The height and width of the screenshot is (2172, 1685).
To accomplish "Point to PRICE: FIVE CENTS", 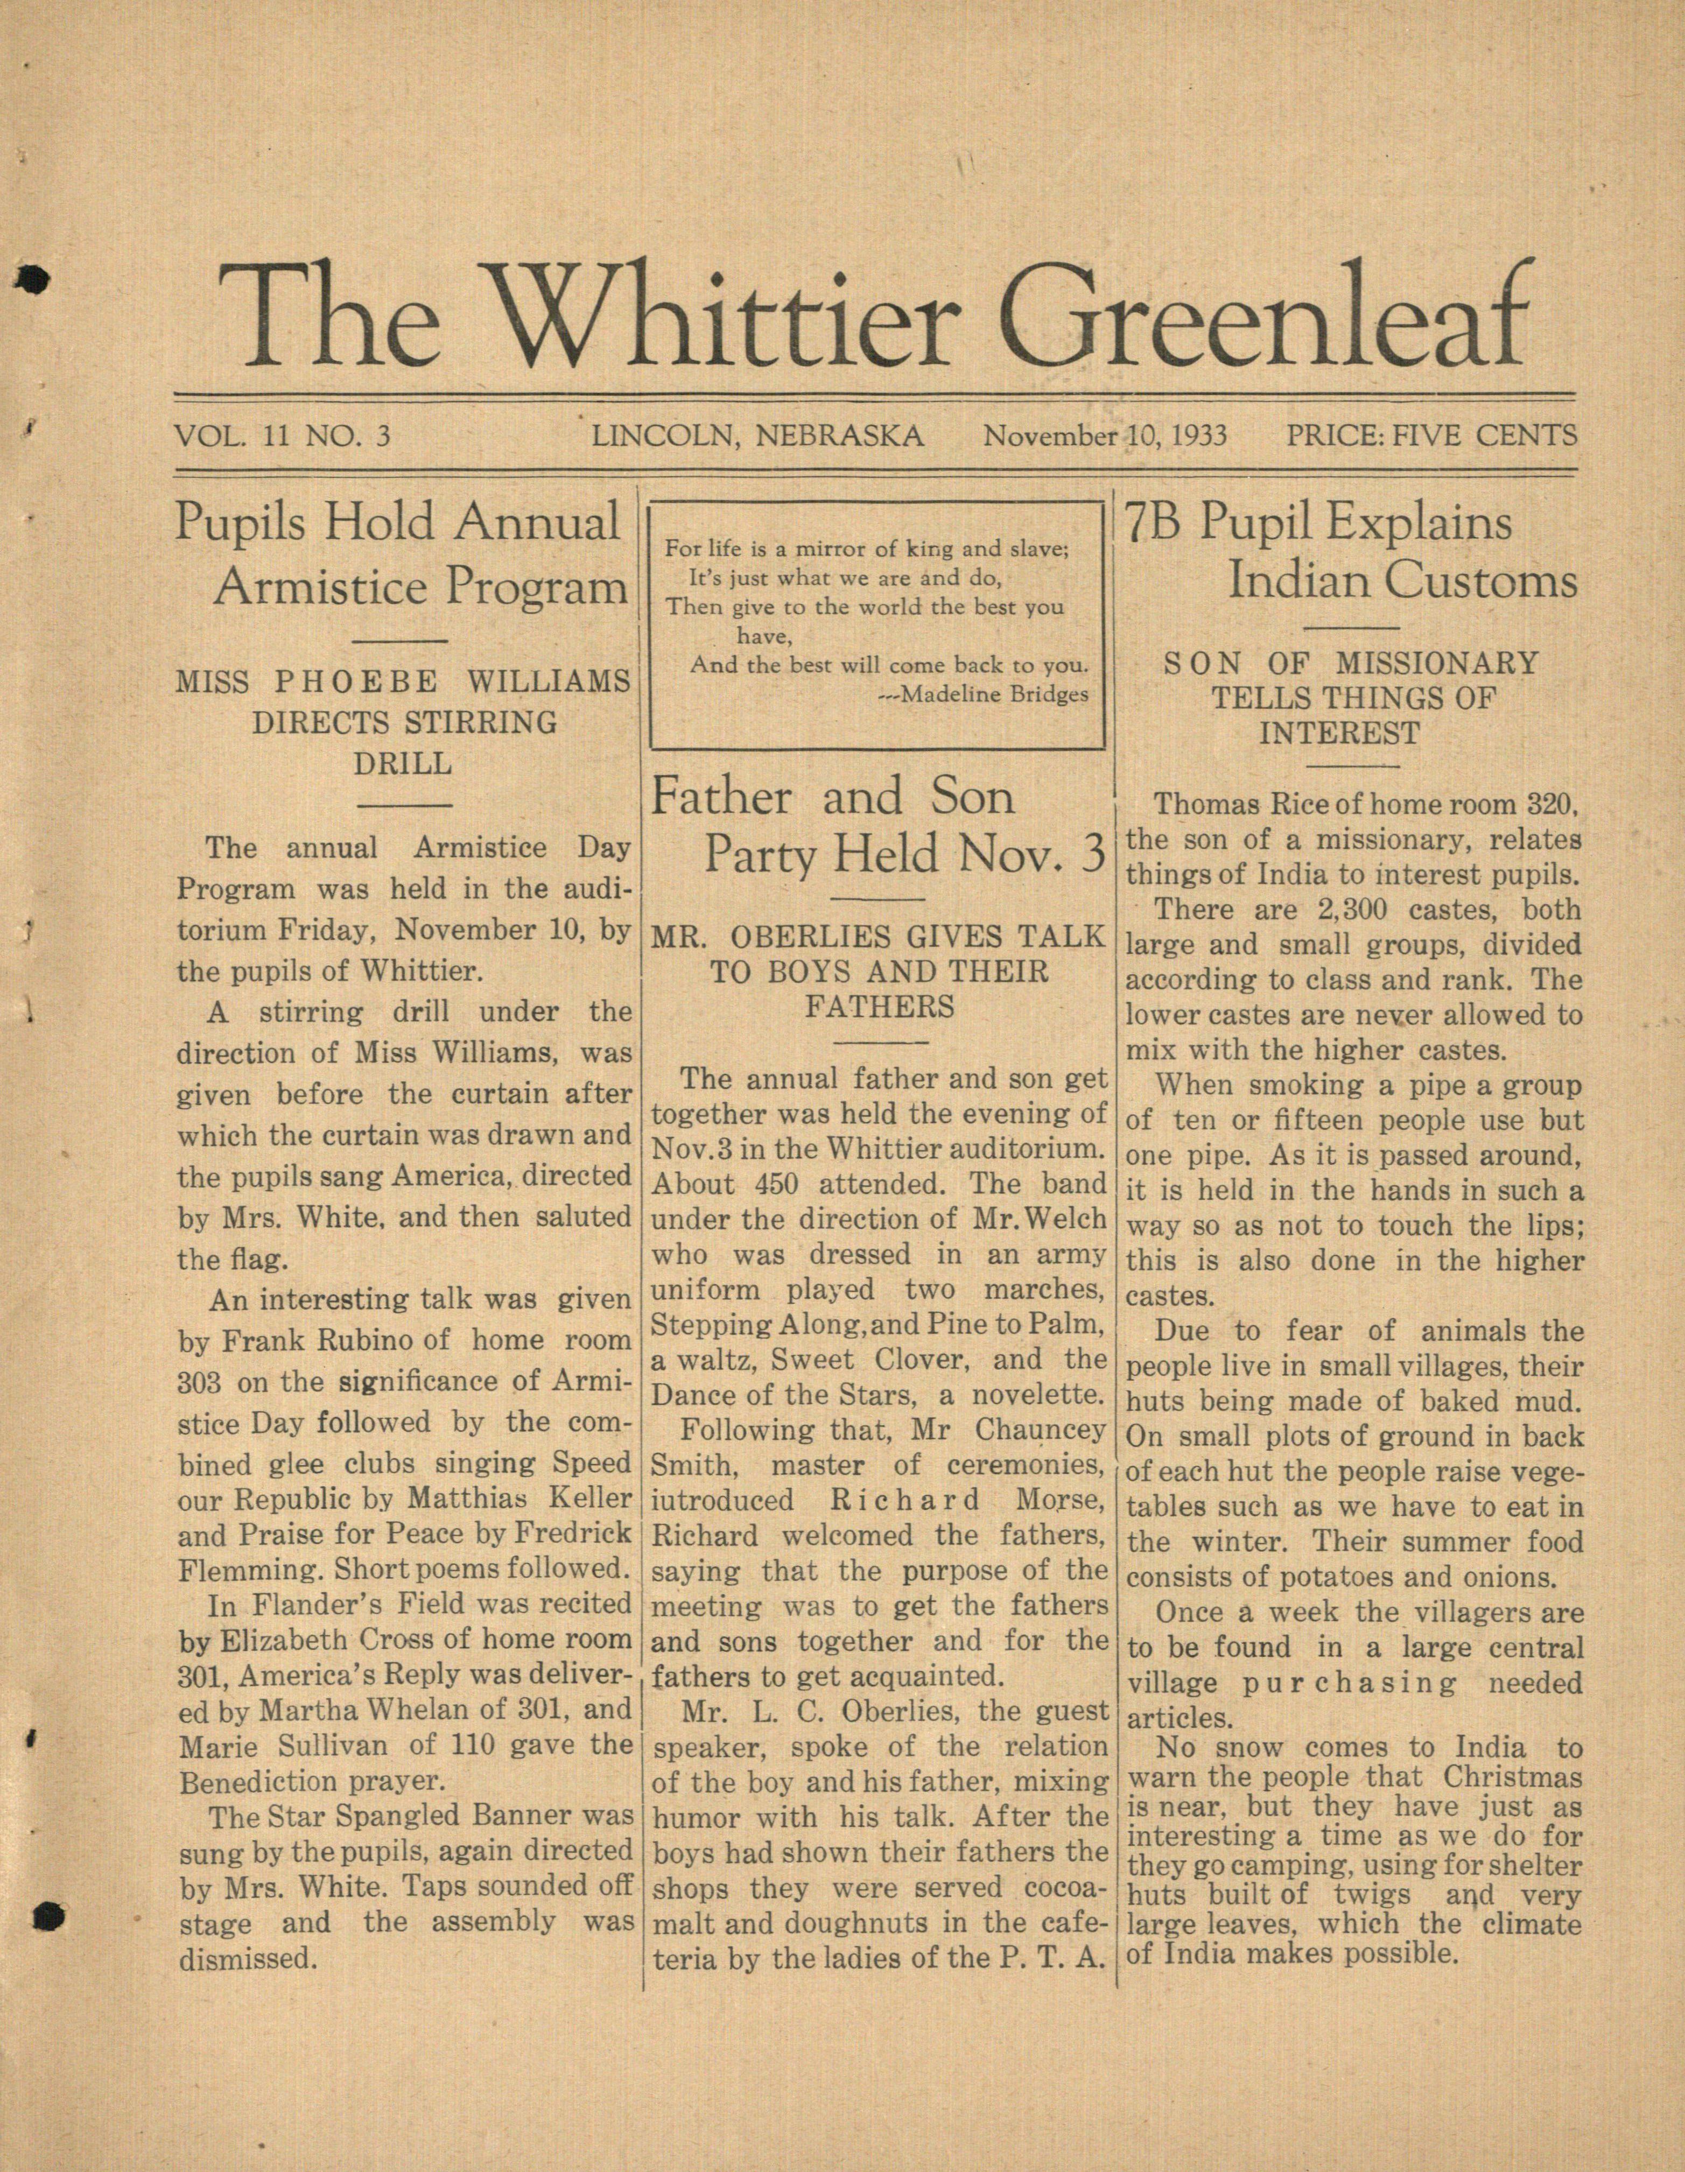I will tap(1430, 435).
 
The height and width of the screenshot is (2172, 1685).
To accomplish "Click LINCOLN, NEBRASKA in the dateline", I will tap(758, 435).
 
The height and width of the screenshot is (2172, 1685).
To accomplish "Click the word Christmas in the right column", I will tap(1512, 1776).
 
